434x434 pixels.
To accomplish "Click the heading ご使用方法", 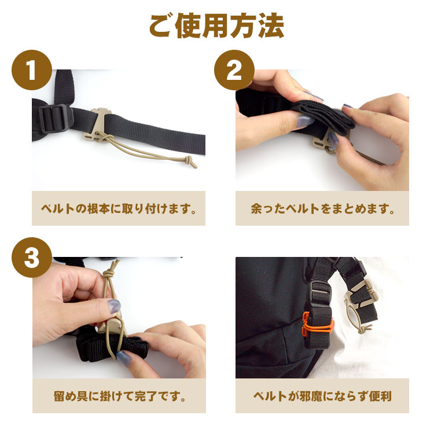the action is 217,25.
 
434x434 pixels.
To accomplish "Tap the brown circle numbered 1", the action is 32,70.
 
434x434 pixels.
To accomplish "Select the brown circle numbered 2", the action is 234,70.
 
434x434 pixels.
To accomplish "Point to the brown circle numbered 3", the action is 32,258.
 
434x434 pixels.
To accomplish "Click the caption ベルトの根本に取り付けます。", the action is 119,208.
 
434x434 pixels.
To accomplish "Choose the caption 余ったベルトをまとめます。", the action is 322,208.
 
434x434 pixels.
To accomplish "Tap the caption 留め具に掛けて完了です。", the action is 119,396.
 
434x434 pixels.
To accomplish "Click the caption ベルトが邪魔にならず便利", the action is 322,396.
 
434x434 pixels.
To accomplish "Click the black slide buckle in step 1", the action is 56,118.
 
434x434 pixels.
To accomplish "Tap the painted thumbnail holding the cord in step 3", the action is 114,306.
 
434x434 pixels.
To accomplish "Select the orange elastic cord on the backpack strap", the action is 318,325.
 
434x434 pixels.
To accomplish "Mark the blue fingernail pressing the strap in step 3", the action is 124,358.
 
